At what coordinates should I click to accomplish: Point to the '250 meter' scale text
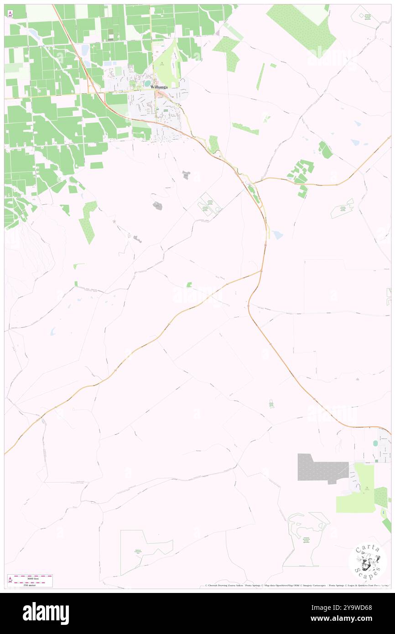coord(30,585)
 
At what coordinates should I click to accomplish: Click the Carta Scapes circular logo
coord(368,561)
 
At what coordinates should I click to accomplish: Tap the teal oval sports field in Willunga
coord(147,83)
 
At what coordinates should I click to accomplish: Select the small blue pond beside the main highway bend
coord(277,234)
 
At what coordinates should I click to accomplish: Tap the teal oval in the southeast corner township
coord(375,443)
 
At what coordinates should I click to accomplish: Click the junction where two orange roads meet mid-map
coord(261,271)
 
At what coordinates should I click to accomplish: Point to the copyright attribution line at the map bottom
coord(296,586)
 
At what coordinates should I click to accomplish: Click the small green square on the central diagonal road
coord(189,285)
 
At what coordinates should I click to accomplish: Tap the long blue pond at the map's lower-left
coord(53,331)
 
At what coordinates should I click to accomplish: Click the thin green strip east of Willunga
coord(260,76)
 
